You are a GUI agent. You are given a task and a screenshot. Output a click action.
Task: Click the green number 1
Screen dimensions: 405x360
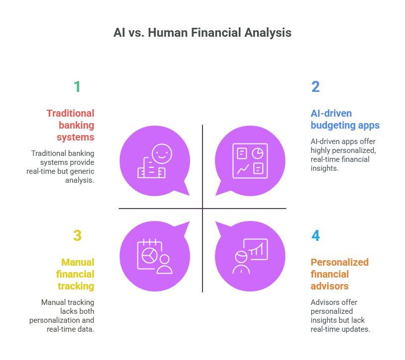pos(77,86)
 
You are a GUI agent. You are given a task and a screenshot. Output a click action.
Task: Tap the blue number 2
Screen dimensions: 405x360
pos(315,86)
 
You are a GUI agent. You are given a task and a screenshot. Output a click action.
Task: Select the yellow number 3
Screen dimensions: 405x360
pos(77,235)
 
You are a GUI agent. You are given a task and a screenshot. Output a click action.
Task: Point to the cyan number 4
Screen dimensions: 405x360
pos(315,235)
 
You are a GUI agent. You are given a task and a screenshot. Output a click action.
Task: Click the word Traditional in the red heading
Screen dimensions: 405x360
pos(70,113)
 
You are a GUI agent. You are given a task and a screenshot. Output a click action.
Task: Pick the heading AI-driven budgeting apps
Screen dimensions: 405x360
pos(345,119)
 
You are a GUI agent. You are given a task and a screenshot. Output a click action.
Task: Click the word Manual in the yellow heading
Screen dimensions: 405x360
pos(78,262)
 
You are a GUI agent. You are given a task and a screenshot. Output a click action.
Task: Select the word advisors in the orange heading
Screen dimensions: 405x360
pos(330,286)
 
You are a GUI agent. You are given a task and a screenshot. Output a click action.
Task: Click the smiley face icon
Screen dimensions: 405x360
pos(162,154)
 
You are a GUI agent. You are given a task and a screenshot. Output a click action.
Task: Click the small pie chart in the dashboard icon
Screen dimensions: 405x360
pos(258,153)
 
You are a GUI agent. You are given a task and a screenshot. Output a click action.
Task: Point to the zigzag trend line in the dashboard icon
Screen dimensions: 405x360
pos(243,169)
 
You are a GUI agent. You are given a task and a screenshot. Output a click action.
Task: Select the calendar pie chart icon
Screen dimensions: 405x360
pos(149,254)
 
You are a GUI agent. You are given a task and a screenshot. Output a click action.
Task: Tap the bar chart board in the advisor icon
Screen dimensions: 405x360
pos(256,249)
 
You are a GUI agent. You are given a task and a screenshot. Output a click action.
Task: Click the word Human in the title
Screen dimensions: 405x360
pos(168,33)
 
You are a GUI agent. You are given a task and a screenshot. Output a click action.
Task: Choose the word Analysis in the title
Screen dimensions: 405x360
pos(268,33)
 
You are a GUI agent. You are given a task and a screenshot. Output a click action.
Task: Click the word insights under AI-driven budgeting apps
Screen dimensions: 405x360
pos(325,168)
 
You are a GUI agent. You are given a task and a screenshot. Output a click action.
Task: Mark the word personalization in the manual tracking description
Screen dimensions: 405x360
pos(55,320)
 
